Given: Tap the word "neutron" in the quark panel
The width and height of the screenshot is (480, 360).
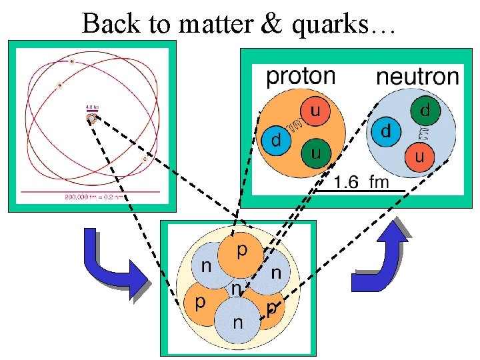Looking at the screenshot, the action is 417,77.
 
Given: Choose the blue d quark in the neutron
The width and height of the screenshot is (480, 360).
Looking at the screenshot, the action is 386,132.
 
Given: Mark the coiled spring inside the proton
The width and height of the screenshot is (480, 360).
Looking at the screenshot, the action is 295,123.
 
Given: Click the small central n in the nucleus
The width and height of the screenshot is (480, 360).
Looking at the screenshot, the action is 236,290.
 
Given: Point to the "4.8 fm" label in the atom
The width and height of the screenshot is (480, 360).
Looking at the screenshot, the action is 92,107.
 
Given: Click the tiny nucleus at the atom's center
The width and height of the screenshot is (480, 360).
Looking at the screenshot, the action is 91,119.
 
